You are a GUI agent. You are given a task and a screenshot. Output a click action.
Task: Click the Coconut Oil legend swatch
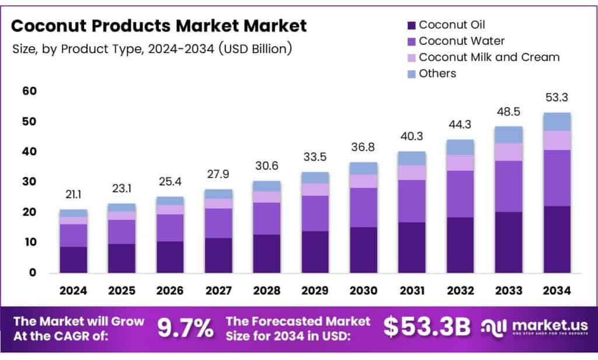pyautogui.click(x=411, y=25)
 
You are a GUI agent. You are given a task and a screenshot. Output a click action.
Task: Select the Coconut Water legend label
pyautogui.click(x=461, y=41)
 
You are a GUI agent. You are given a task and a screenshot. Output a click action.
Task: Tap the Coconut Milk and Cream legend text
pyautogui.click(x=489, y=57)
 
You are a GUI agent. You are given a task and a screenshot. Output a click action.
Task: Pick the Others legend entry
pyautogui.click(x=437, y=74)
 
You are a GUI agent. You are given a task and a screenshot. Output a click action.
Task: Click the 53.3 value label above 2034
pyautogui.click(x=557, y=97)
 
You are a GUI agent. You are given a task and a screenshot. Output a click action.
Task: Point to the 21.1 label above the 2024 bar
pyautogui.click(x=73, y=194)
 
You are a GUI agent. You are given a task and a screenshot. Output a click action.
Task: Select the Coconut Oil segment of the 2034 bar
pyautogui.click(x=557, y=239)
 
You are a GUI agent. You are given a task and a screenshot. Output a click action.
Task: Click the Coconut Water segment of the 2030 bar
pyautogui.click(x=363, y=207)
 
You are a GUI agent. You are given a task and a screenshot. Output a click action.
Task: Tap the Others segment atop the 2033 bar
pyautogui.click(x=509, y=134)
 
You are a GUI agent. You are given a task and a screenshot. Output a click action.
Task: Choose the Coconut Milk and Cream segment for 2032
pyautogui.click(x=460, y=162)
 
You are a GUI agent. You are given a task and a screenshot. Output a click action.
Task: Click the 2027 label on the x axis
pyautogui.click(x=218, y=290)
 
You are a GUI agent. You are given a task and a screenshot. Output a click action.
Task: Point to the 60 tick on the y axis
pyautogui.click(x=29, y=91)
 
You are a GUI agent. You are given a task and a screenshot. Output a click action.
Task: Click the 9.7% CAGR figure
pyautogui.click(x=186, y=328)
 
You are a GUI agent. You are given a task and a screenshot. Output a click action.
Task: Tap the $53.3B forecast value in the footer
pyautogui.click(x=426, y=328)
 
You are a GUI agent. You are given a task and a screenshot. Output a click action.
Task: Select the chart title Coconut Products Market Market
pyautogui.click(x=159, y=26)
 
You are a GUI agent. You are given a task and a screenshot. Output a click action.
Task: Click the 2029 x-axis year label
pyautogui.click(x=315, y=290)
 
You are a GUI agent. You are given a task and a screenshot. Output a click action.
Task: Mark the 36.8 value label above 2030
pyautogui.click(x=363, y=147)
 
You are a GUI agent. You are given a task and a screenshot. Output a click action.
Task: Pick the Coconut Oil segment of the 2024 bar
pyautogui.click(x=73, y=259)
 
